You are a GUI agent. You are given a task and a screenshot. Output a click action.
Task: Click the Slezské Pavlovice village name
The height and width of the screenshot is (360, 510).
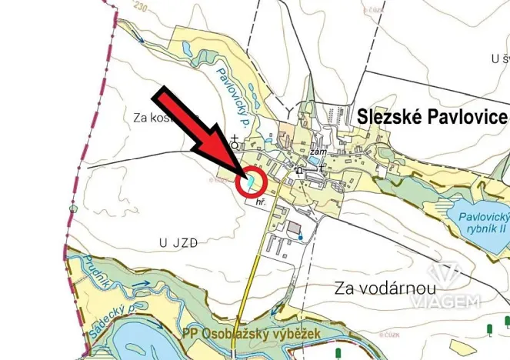coord(432,116)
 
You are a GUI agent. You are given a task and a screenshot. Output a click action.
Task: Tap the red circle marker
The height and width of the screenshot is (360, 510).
coord(252,182)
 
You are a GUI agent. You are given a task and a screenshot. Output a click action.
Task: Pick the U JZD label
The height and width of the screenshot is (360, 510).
coord(178,242)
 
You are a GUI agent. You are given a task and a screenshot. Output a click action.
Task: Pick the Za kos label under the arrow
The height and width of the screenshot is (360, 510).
coord(151,118)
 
